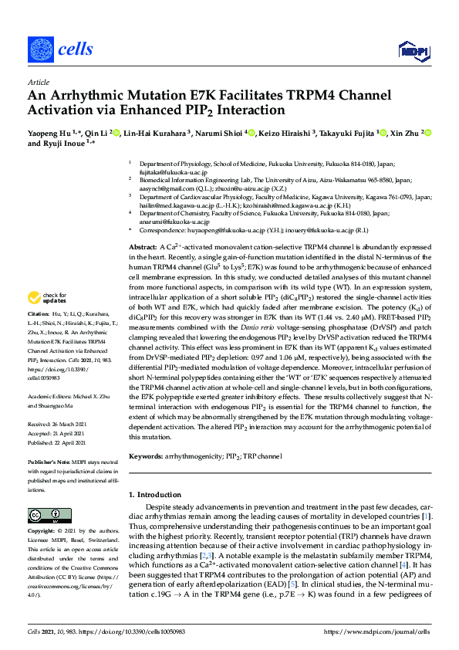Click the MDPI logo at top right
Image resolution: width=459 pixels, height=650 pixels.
coord(413,50)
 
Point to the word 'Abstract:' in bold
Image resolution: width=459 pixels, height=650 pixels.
coord(143,223)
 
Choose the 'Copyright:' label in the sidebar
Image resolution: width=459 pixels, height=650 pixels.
coord(42,532)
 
